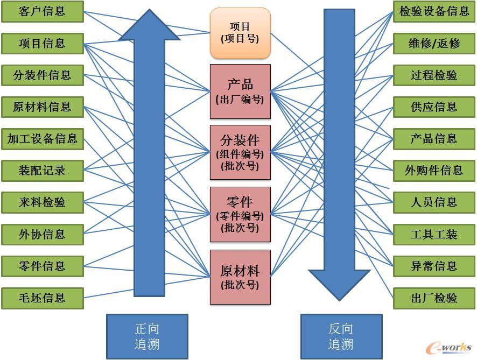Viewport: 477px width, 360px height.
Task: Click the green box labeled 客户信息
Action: [42, 11]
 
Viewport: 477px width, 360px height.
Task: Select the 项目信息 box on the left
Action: [42, 43]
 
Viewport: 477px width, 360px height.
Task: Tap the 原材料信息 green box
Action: [42, 107]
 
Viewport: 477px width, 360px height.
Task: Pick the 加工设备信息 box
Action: [42, 139]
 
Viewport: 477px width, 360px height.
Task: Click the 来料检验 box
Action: [42, 203]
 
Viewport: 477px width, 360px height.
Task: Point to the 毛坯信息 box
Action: [42, 298]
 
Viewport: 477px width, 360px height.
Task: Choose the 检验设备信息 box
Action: [434, 11]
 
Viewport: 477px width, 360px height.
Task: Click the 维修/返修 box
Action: [434, 43]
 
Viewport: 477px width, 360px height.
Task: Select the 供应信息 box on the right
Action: [434, 107]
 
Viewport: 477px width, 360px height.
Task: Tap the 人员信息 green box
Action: [434, 202]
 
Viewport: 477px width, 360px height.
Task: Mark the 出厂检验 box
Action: [434, 298]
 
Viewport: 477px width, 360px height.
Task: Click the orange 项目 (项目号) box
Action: [240, 33]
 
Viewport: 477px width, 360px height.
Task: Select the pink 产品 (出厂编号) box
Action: [240, 91]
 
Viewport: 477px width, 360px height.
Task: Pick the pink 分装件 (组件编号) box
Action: [240, 152]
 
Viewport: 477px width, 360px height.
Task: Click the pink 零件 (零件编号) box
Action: [240, 214]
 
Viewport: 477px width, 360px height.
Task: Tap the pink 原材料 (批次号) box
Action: [240, 277]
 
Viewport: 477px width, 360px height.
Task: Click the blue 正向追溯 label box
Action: [147, 336]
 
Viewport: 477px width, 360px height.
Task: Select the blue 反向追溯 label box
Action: [341, 336]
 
